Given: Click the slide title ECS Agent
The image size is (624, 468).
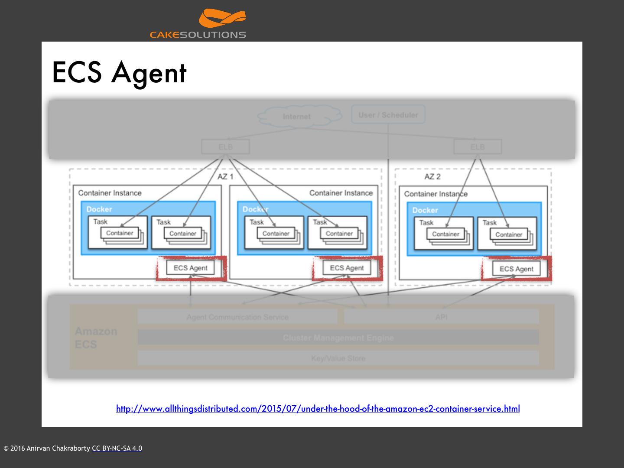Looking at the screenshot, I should click(119, 72).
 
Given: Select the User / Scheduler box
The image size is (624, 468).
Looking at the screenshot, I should click(388, 115).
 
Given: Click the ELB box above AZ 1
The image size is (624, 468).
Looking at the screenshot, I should click(225, 147).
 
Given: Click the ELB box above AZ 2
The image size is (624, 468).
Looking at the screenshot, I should click(478, 147).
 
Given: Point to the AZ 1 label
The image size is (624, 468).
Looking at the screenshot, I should click(225, 176).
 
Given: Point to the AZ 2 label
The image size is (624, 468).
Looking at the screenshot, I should click(432, 176).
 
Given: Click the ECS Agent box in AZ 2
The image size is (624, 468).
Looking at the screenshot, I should click(516, 269).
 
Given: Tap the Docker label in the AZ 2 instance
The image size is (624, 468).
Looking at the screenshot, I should click(425, 210).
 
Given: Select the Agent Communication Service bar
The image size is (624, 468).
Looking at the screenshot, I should click(237, 317).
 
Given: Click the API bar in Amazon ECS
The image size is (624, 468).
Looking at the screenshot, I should click(441, 317).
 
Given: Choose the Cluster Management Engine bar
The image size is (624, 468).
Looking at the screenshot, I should click(338, 338).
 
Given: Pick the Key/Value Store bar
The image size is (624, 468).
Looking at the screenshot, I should click(338, 358).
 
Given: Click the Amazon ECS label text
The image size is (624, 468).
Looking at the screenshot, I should click(96, 338).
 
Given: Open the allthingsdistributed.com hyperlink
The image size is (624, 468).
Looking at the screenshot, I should click(318, 409).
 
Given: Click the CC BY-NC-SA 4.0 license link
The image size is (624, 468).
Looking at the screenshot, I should click(117, 448).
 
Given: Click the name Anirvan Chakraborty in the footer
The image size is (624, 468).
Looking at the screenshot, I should click(58, 448).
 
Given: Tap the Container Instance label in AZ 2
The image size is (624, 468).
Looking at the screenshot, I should click(435, 194).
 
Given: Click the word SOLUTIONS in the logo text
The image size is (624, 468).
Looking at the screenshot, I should click(213, 35).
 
